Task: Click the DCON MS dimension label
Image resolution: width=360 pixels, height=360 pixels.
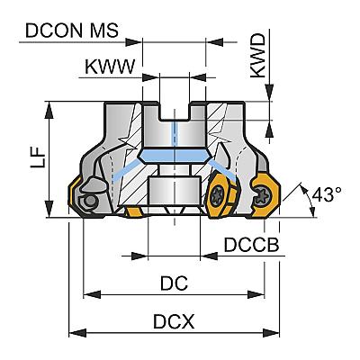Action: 72,30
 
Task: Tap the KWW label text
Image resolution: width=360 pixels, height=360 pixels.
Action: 110,67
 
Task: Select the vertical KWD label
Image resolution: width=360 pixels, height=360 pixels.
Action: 258,56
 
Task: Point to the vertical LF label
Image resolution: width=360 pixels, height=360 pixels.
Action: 39,157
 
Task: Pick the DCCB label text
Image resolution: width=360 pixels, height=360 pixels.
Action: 251,245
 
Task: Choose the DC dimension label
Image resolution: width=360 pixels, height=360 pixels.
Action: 174,283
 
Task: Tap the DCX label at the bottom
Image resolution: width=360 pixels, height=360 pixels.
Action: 174,321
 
